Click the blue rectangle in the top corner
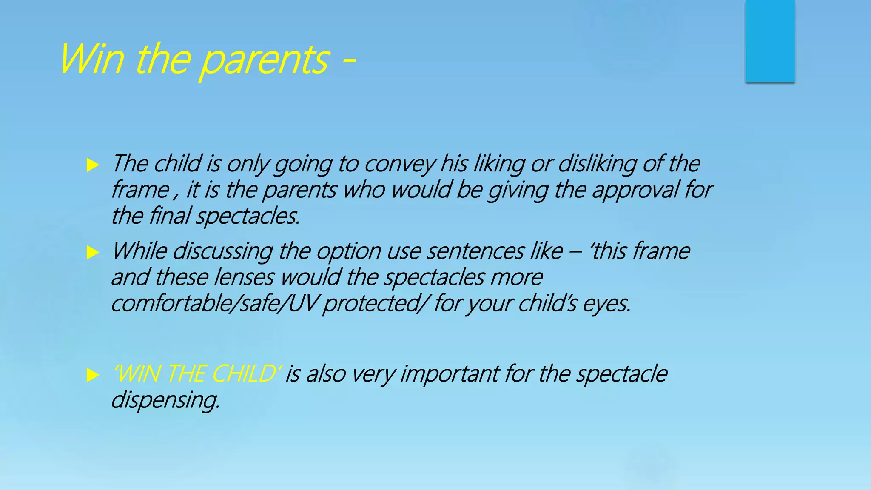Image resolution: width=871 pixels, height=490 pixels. coord(770,41)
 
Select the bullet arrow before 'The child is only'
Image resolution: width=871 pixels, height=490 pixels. coord(92,165)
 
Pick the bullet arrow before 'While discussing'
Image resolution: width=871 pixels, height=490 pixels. coord(92,252)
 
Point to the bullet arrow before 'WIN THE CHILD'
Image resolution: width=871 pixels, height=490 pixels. coord(92,375)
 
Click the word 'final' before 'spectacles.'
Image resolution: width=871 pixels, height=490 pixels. coord(170,216)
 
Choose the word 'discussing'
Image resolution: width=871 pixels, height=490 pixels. coord(223,251)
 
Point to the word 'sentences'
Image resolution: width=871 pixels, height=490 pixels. coord(475,251)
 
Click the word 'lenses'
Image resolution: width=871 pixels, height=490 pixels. coord(244,278)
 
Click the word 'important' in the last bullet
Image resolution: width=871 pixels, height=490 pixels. coord(450,374)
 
